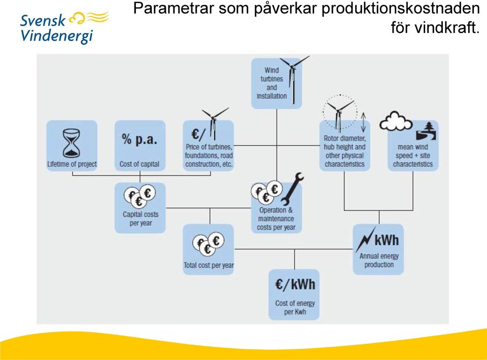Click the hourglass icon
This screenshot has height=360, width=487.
point(72,143)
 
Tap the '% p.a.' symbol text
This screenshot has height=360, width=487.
point(140,139)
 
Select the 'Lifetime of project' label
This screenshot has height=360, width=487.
point(72,164)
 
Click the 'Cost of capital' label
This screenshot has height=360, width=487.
point(140,164)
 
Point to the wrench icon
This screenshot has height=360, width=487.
point(292,189)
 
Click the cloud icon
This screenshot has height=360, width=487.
point(396,121)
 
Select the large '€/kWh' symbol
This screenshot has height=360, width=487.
point(295,284)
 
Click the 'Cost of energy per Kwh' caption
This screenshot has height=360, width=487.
point(295,307)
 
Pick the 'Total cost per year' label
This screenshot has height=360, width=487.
point(208,265)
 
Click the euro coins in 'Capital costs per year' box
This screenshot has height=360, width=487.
point(140,196)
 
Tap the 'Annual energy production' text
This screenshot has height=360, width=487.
point(379,260)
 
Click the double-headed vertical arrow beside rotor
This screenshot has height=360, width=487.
point(363,122)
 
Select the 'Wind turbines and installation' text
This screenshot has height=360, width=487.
point(272,83)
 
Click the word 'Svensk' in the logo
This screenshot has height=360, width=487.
point(43,20)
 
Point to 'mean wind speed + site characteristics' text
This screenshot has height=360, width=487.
point(413,156)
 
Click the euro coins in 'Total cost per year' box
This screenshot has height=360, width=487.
point(208,244)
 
